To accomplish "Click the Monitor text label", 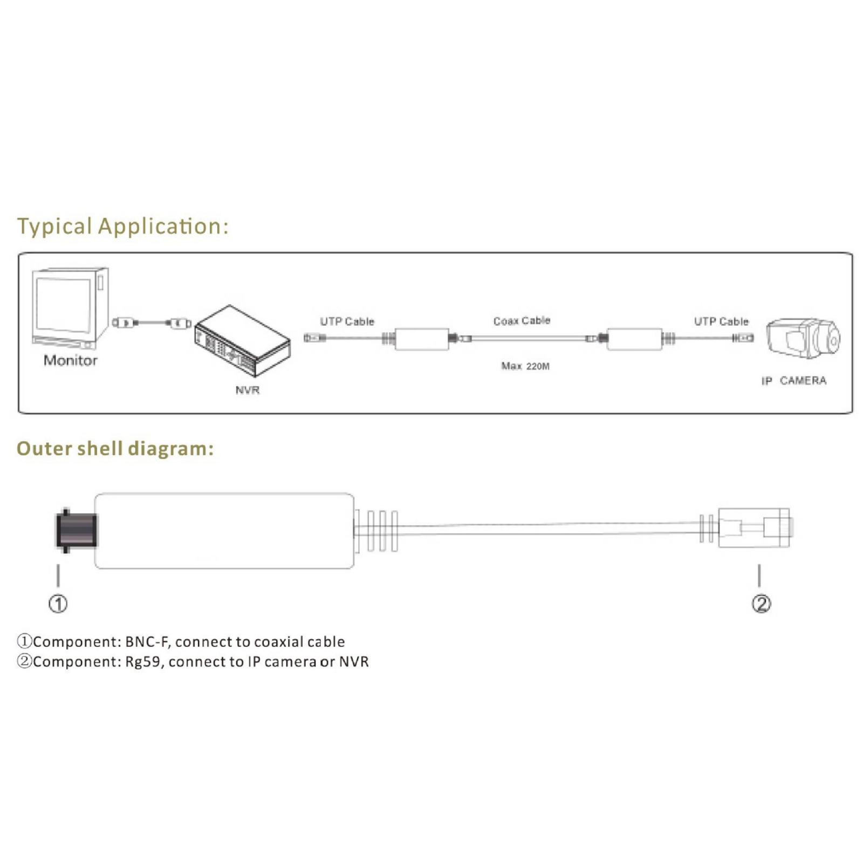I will tap(70, 360).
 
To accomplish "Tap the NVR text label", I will tap(247, 390).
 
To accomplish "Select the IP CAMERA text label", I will tap(793, 381).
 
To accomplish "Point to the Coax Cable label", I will tap(522, 321).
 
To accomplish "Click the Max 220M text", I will tap(525, 366).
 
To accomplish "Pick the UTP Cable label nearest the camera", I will tap(721, 321).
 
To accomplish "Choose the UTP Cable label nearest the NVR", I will tap(347, 321).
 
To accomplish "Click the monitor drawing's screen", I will tap(64, 305).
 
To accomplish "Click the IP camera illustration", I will tap(804, 339).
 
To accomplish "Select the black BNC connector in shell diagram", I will tap(77, 530).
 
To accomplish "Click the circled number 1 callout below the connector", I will tap(58, 604).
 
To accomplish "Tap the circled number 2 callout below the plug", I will tap(761, 604).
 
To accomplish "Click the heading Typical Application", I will tap(123, 226).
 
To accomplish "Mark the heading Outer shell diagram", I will tap(115, 448).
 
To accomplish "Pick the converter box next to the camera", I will tap(634, 339).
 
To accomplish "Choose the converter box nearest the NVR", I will tap(422, 339).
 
